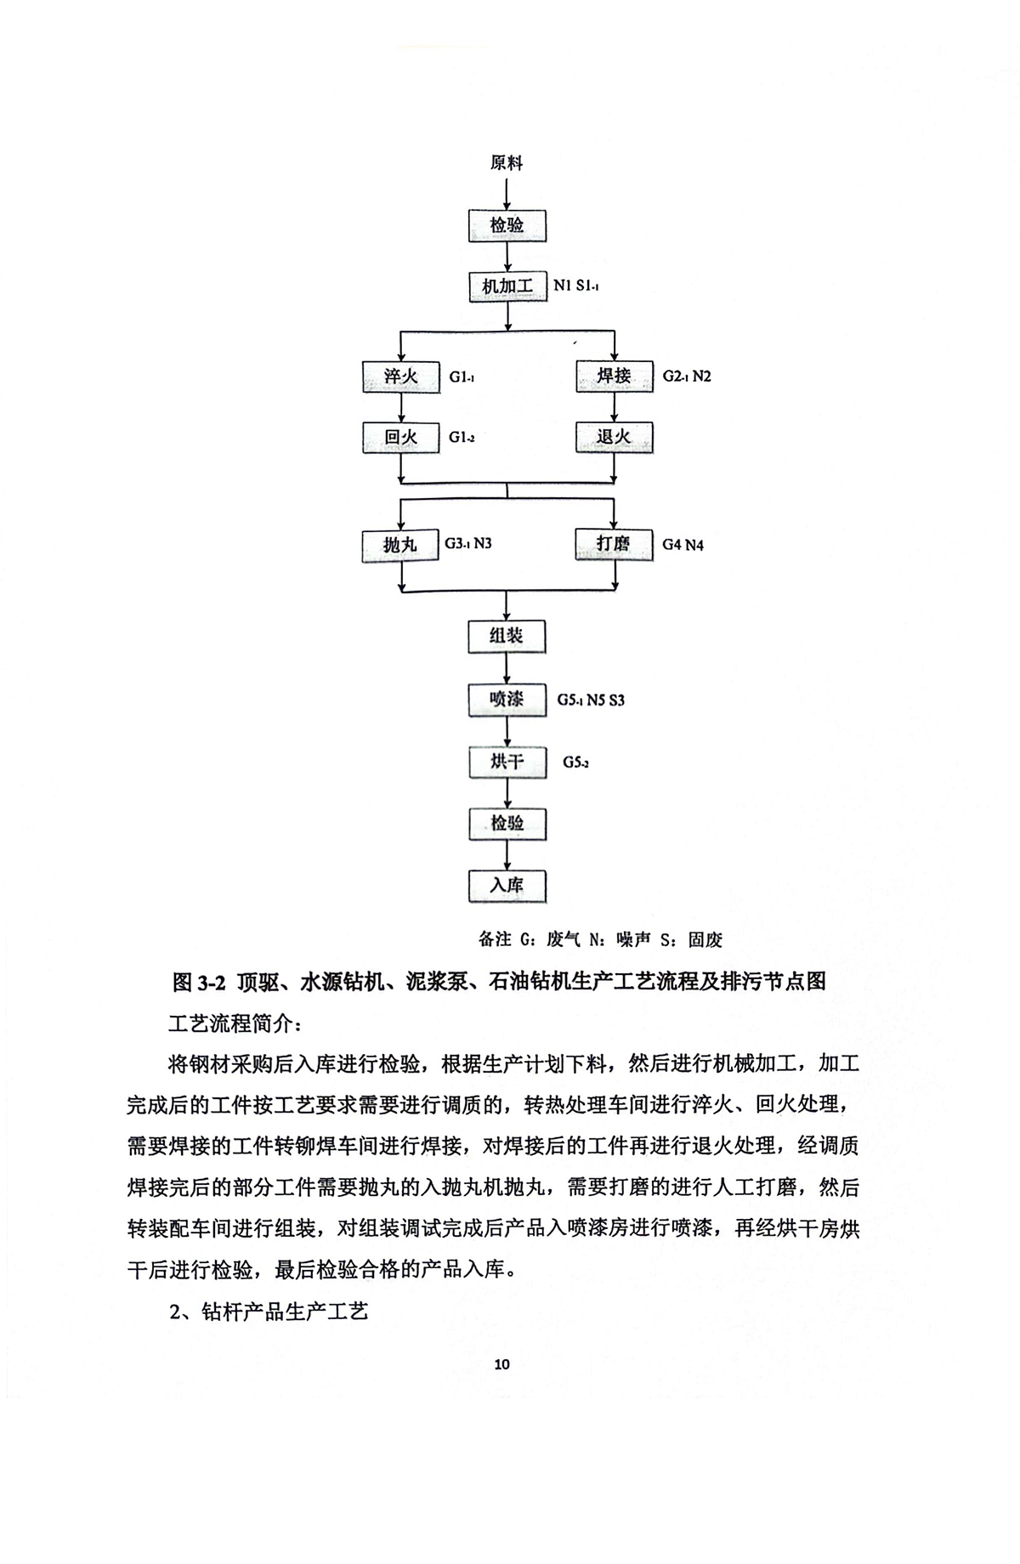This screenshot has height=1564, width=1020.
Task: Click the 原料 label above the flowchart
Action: pos(507,162)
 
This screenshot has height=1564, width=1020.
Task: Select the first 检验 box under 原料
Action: pos(507,225)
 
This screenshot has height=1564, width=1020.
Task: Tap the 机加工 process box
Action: pos(507,286)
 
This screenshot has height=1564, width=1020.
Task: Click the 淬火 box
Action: pos(400,376)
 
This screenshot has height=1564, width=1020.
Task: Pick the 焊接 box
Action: pos(614,375)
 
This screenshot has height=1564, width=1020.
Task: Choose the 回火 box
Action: pos(400,438)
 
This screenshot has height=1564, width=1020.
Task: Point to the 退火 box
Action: pos(614,437)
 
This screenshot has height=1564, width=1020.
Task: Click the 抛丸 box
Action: pos(399,545)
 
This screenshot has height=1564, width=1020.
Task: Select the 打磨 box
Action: pos(614,543)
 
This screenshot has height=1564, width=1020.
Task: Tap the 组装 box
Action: pos(507,636)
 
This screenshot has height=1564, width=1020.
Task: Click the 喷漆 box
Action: pos(507,699)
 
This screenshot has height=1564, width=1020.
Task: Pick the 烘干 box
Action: pos(507,762)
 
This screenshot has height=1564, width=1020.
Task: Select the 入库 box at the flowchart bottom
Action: pos(507,886)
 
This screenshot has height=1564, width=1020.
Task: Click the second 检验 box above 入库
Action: pos(507,824)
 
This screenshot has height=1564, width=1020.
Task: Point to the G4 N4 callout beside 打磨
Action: pos(683,545)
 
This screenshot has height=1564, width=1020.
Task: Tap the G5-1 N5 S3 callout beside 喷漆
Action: pos(591,700)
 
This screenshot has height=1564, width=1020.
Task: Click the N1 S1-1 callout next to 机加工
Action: pos(576,286)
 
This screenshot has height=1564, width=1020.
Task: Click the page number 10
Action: pos(501,1364)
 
